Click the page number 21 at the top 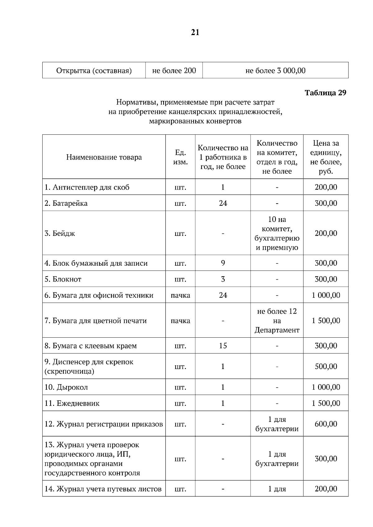coord(195,33)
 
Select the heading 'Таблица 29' coord(325,93)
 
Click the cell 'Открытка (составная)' coord(94,71)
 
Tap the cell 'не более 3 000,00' coord(275,71)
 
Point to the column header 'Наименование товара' coord(104,157)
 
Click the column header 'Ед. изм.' coord(180,157)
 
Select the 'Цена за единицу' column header coord(325,157)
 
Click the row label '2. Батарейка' coord(66,203)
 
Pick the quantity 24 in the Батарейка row coord(223,203)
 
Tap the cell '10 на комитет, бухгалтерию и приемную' coord(277,233)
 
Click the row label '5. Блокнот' coord(63,279)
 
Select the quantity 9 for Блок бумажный coord(223,263)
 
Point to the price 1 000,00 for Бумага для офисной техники coord(326,295)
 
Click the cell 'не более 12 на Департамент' coord(277,321)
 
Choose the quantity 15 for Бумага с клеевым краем coord(223,346)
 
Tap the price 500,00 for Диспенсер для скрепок coord(326,367)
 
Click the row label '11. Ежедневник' coord(72,403)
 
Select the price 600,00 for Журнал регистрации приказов coord(326,424)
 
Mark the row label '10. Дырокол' coord(66,387)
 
